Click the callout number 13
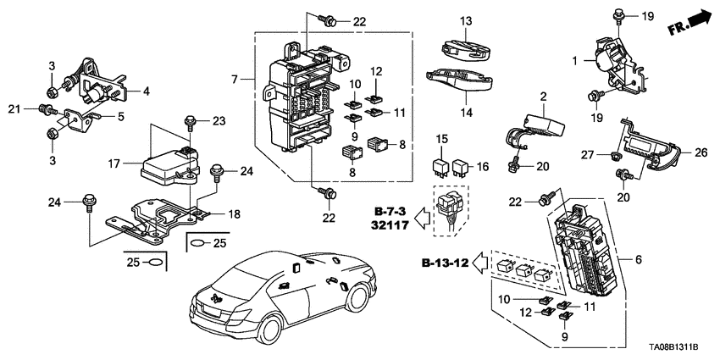coord(465,20)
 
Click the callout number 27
coord(588,153)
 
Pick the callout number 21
coord(13,108)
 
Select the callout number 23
coord(219,120)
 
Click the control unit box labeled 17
coord(168,166)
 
